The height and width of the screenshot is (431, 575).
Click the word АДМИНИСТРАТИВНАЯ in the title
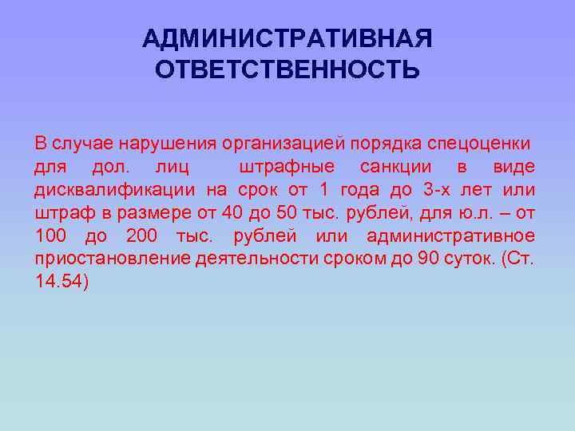pyautogui.click(x=287, y=39)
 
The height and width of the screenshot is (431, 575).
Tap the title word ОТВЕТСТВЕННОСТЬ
pyautogui.click(x=287, y=70)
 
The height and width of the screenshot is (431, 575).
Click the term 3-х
pyautogui.click(x=430, y=190)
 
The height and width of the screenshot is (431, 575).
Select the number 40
pyautogui.click(x=232, y=213)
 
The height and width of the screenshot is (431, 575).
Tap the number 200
pyautogui.click(x=141, y=236)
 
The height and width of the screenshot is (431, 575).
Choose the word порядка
pyautogui.click(x=381, y=144)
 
